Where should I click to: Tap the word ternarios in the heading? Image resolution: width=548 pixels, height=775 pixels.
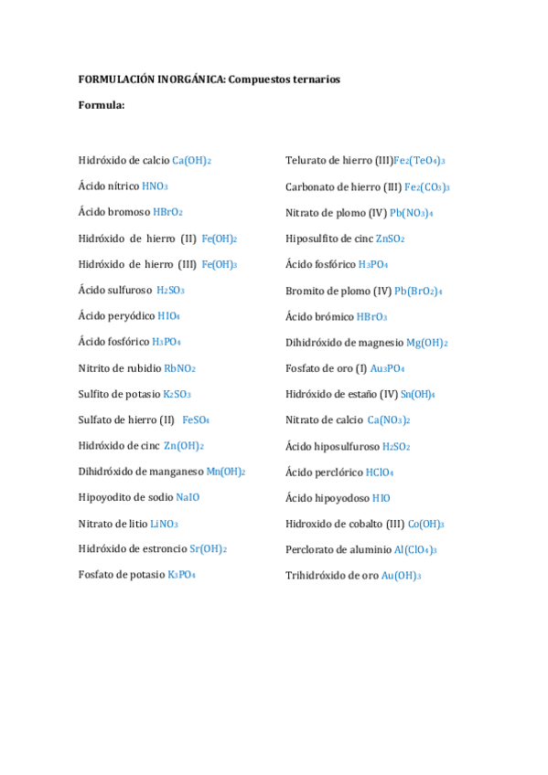[314, 80]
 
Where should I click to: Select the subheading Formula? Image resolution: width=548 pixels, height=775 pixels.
[102, 105]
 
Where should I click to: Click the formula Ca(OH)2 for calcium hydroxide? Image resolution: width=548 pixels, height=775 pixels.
[192, 161]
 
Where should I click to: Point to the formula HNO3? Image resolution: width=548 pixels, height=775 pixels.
[155, 186]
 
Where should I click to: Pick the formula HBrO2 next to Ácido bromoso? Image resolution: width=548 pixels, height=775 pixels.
[168, 212]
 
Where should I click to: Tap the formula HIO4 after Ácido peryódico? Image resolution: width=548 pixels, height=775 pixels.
[168, 316]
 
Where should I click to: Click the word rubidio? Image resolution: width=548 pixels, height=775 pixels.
[142, 368]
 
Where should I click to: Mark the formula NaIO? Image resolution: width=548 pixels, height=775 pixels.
[188, 497]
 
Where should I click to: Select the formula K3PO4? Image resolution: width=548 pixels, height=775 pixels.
[181, 575]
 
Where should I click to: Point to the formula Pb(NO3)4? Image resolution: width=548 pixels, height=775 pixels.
[412, 213]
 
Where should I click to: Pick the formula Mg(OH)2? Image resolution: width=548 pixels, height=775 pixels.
[427, 343]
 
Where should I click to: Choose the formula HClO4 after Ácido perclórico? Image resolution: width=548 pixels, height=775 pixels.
[380, 472]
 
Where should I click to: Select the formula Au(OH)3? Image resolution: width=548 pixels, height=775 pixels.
[402, 576]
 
